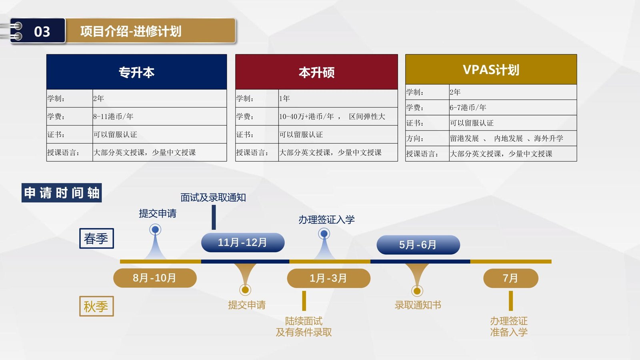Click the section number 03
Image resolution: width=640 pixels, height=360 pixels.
tap(42, 32)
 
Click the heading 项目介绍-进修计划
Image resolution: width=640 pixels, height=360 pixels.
tap(130, 31)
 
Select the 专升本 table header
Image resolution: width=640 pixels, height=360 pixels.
tap(136, 72)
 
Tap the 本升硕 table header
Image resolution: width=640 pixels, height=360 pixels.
tap(316, 72)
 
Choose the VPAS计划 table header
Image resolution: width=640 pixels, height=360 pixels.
tap(491, 70)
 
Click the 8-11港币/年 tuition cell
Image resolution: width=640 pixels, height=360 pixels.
tap(160, 116)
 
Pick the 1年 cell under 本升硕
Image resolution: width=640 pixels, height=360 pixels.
tap(338, 98)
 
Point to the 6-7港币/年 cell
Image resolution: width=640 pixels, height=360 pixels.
tap(513, 108)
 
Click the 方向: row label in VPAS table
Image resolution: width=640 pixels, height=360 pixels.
tap(427, 138)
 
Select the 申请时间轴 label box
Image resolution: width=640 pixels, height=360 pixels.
tap(62, 193)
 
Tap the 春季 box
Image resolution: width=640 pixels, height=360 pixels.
tap(96, 238)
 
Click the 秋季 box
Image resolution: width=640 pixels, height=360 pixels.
tap(96, 306)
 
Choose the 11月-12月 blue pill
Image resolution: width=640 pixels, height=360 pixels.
tap(243, 242)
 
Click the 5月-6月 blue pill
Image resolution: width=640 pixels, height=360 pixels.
tap(418, 245)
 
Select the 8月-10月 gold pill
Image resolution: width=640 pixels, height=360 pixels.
tap(155, 278)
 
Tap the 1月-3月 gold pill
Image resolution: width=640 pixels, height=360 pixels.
tap(328, 278)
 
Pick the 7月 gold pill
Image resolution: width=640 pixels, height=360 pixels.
tap(511, 278)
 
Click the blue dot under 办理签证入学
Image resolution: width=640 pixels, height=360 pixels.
tap(324, 234)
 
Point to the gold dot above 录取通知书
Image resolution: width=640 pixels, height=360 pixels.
tap(417, 291)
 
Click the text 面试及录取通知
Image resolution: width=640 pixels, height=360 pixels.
tap(213, 198)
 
